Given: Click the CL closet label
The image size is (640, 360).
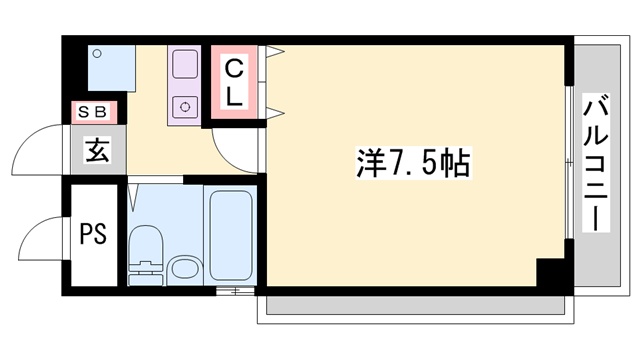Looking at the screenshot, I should [232, 84].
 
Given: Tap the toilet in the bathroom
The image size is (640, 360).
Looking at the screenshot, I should [146, 250].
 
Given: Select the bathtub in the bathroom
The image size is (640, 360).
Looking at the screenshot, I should [232, 234].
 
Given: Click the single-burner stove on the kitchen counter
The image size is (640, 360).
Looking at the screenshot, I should [185, 104].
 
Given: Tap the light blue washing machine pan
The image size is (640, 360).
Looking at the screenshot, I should [109, 67].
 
